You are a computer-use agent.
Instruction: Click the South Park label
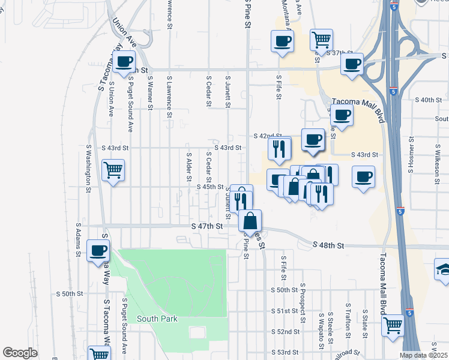pyautogui.click(x=157, y=319)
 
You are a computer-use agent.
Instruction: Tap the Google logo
pyautogui.click(x=20, y=353)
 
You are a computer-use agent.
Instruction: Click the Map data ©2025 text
pyautogui.click(x=424, y=355)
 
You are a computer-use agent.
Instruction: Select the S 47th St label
pyautogui.click(x=207, y=226)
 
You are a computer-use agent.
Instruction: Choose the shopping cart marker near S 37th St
pyautogui.click(x=321, y=40)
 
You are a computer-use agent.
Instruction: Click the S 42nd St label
pyautogui.click(x=268, y=136)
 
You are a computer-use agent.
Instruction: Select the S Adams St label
pyautogui.click(x=78, y=240)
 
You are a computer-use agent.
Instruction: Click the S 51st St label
pyautogui.click(x=285, y=311)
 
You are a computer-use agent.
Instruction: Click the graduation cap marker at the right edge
pyautogui.click(x=443, y=268)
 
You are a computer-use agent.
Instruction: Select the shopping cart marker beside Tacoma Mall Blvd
pyautogui.click(x=393, y=326)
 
